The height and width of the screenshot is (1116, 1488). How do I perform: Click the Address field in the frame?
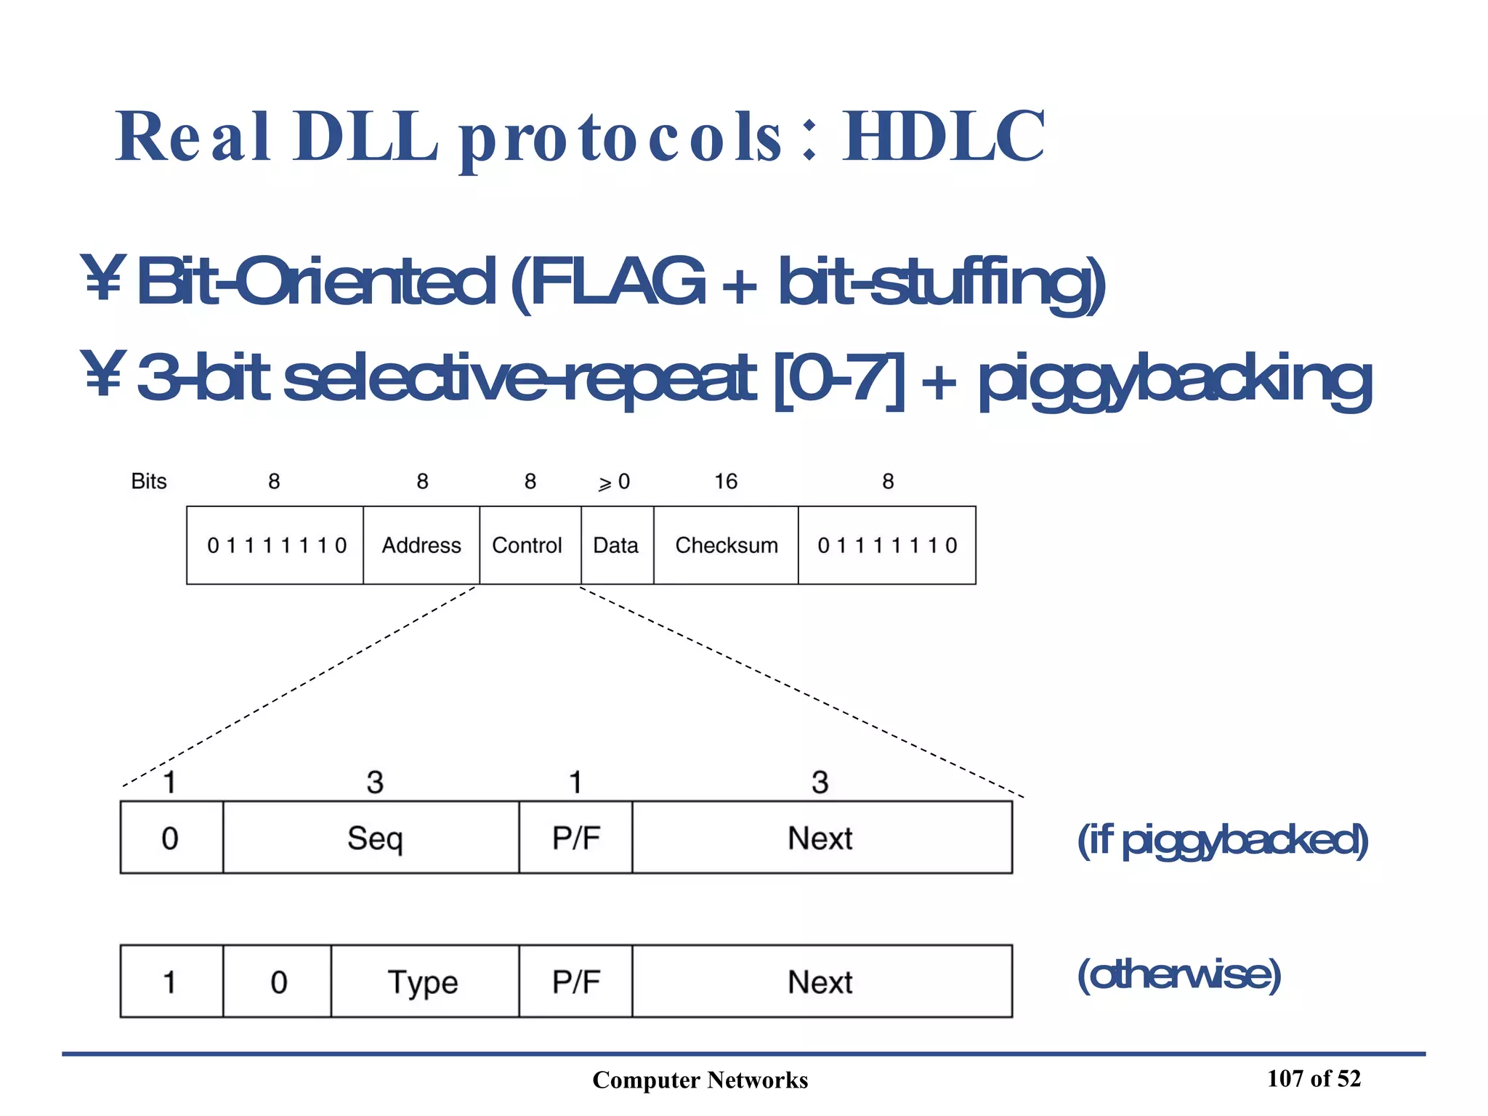(x=421, y=545)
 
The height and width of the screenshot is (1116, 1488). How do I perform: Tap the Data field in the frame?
(x=616, y=545)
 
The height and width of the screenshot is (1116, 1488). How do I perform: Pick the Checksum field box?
(x=727, y=545)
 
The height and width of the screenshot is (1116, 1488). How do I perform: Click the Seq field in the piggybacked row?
(x=374, y=838)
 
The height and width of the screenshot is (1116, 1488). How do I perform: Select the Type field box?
(x=424, y=982)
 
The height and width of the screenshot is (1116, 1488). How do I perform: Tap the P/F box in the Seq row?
(x=576, y=838)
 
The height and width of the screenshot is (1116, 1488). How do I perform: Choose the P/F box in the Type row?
(x=576, y=982)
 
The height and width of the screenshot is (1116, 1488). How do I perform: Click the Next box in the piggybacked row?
(x=820, y=838)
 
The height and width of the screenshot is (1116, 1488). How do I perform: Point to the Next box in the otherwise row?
(x=820, y=982)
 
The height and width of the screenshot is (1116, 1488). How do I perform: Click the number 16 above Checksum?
(x=726, y=481)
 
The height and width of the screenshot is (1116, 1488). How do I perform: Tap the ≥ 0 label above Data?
(x=614, y=482)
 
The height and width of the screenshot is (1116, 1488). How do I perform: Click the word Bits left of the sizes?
(x=149, y=481)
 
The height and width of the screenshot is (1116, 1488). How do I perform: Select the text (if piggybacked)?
(x=1223, y=840)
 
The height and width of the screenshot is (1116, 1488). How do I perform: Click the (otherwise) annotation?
(x=1179, y=974)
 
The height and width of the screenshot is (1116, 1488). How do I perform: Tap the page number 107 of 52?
(x=1314, y=1078)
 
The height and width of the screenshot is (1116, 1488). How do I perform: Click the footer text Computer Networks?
(x=700, y=1080)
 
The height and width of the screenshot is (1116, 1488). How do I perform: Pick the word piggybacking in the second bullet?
(x=1176, y=379)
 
